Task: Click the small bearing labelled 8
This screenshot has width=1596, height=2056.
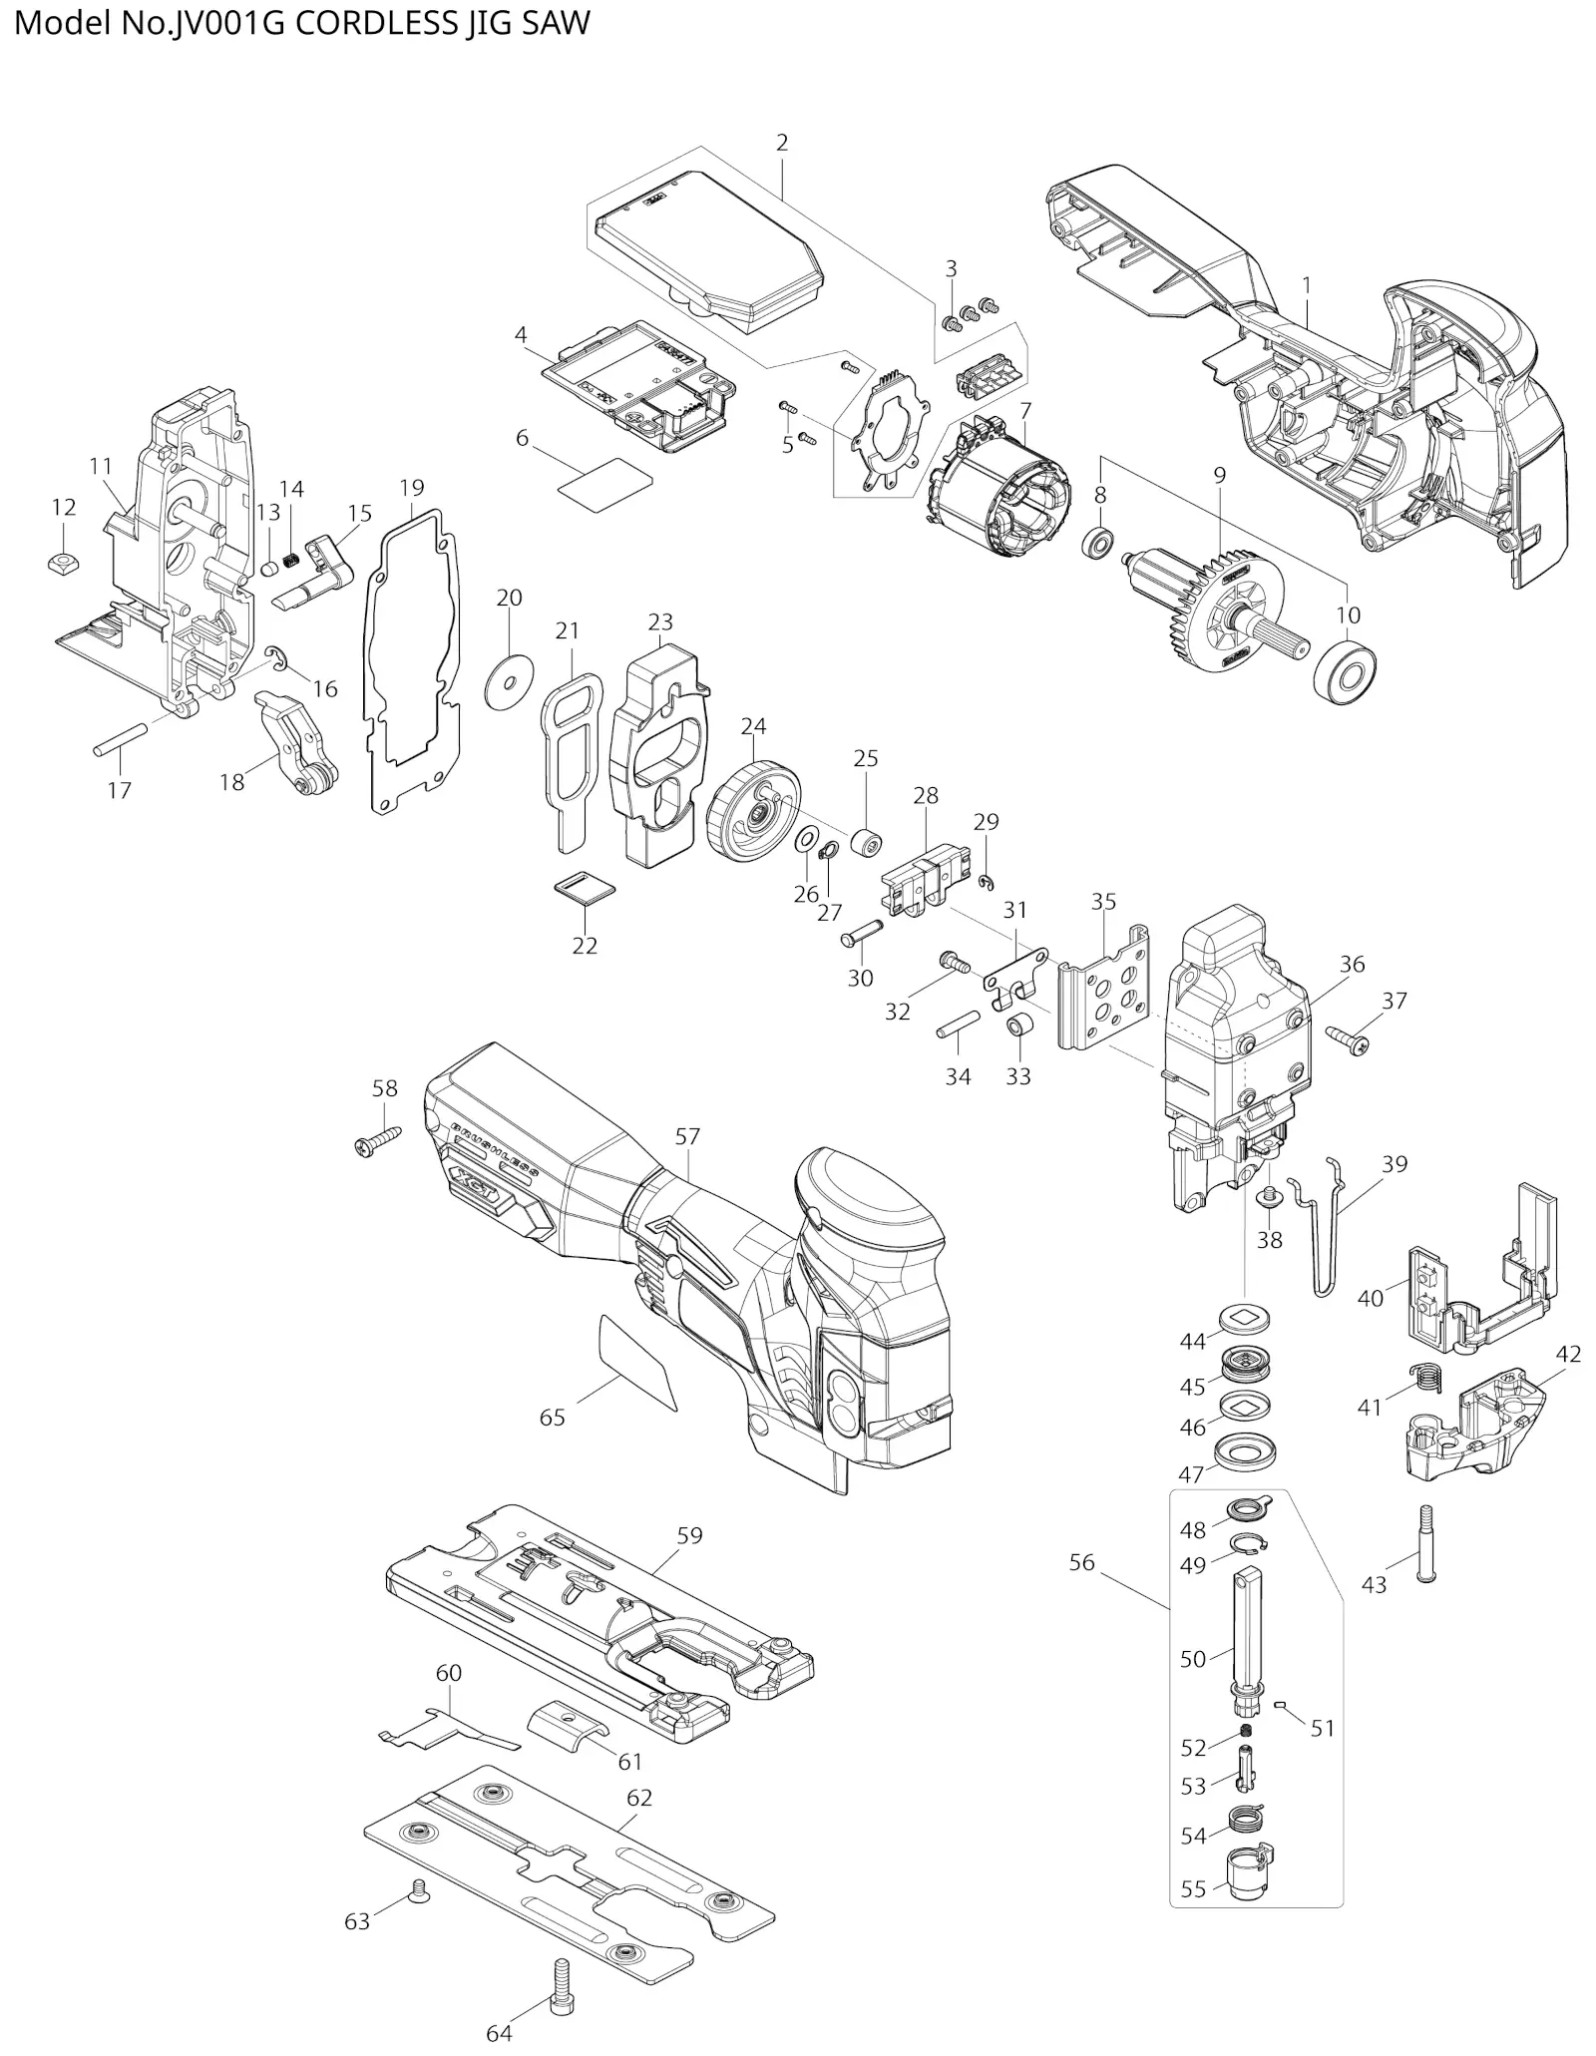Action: tap(1098, 545)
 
